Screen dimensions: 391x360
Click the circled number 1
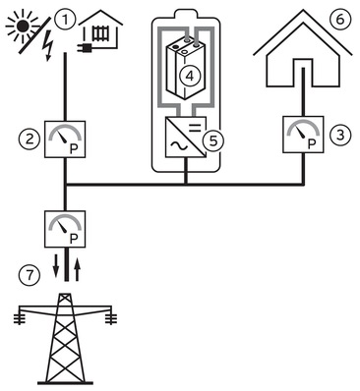pos(66,18)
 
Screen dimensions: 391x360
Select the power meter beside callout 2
pos(66,140)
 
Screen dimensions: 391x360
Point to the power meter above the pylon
pos(66,230)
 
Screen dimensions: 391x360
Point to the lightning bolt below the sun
pos(43,44)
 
